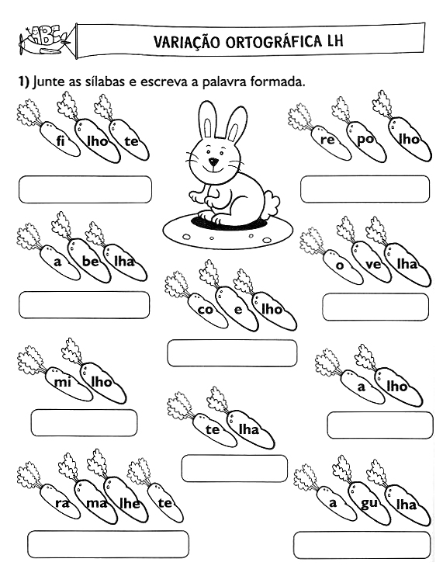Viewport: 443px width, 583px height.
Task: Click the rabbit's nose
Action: [x=213, y=161]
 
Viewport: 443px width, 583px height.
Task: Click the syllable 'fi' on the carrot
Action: [x=61, y=141]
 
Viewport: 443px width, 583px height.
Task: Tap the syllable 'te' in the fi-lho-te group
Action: [x=132, y=141]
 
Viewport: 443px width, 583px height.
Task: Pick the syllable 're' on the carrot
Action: [x=328, y=140]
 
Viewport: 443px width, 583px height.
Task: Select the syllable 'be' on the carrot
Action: [x=91, y=261]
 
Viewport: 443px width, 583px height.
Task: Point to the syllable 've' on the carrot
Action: [x=373, y=265]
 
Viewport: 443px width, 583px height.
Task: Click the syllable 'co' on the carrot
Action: [x=206, y=309]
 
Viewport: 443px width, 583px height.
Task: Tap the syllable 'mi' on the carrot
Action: [x=63, y=381]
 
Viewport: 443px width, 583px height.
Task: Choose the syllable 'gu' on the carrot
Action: [x=369, y=504]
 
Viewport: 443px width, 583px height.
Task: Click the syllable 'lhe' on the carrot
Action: [x=130, y=503]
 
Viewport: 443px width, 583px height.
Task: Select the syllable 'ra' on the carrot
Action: [x=62, y=504]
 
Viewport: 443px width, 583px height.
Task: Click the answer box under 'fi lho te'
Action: [x=85, y=189]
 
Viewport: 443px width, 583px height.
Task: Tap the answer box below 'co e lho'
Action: [x=232, y=353]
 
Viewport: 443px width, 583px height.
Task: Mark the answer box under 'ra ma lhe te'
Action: [x=108, y=544]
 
